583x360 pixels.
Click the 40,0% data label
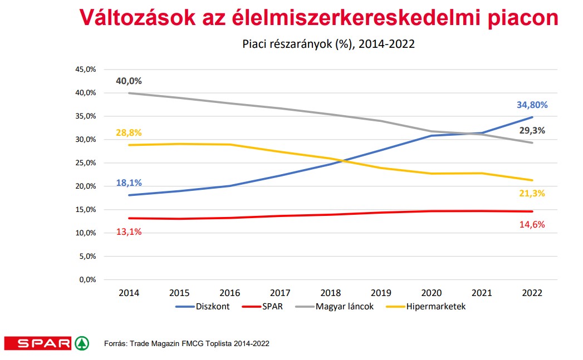tap(129, 81)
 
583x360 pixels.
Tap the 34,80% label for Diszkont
tap(531, 105)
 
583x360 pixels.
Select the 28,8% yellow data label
tap(129, 132)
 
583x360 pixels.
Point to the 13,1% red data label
tap(129, 231)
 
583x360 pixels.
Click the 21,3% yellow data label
tap(531, 193)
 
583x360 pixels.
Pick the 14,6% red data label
tap(531, 224)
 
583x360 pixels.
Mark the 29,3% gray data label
tap(531, 131)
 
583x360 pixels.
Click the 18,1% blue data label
tap(129, 183)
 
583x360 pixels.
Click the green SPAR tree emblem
tap(82, 343)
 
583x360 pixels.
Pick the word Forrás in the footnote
tap(115, 344)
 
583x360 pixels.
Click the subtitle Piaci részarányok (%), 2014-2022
tap(329, 45)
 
